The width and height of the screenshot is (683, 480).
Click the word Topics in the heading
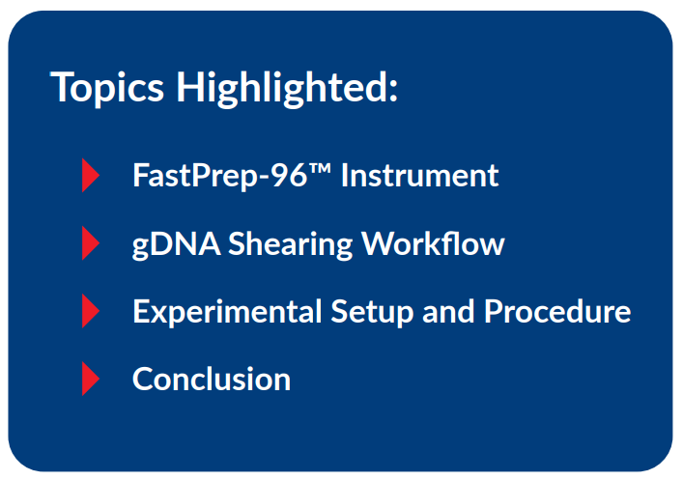click(x=108, y=88)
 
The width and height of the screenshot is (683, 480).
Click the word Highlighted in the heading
click(x=281, y=88)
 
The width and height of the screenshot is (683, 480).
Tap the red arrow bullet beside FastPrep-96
click(x=91, y=176)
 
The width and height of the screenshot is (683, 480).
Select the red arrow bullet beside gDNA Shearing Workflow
click(x=91, y=243)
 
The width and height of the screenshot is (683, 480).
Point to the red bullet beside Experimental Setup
click(x=91, y=311)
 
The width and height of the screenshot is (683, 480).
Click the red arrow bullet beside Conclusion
click(x=91, y=379)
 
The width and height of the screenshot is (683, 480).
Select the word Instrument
click(x=420, y=176)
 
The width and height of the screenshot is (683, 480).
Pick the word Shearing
click(x=291, y=244)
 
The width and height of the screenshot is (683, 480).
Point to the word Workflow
click(x=433, y=243)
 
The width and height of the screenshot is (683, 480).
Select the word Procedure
click(x=557, y=311)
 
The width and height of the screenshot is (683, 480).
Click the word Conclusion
click(x=212, y=379)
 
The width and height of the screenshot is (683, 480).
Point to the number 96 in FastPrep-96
click(x=290, y=176)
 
